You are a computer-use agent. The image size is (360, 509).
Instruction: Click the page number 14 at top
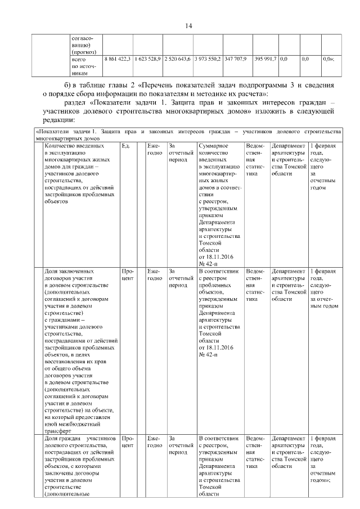click(188, 26)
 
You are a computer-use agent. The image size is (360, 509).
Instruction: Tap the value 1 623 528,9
click(148, 58)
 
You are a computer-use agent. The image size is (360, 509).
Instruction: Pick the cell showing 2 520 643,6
click(177, 58)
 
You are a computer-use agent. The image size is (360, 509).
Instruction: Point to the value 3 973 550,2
click(207, 58)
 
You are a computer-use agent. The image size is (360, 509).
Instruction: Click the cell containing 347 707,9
click(235, 58)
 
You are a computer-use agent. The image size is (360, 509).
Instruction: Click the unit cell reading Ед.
click(125, 146)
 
